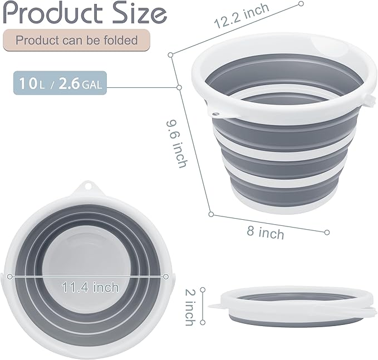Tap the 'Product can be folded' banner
(x=77, y=40)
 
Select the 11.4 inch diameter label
(x=90, y=287)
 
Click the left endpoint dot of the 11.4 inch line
(x=8, y=276)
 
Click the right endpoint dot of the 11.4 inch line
(x=166, y=277)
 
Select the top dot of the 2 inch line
(x=203, y=289)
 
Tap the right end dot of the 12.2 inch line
(x=301, y=4)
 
